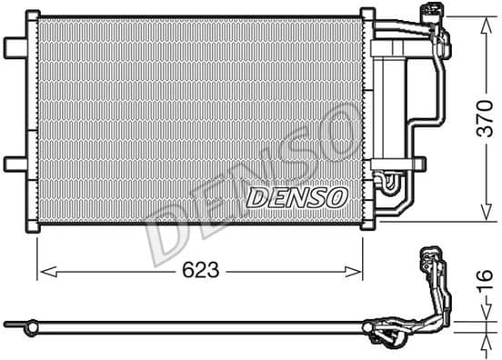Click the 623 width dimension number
click(199, 270)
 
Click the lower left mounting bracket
click(15, 164)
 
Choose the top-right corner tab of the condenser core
click(367, 15)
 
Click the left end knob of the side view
click(10, 323)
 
